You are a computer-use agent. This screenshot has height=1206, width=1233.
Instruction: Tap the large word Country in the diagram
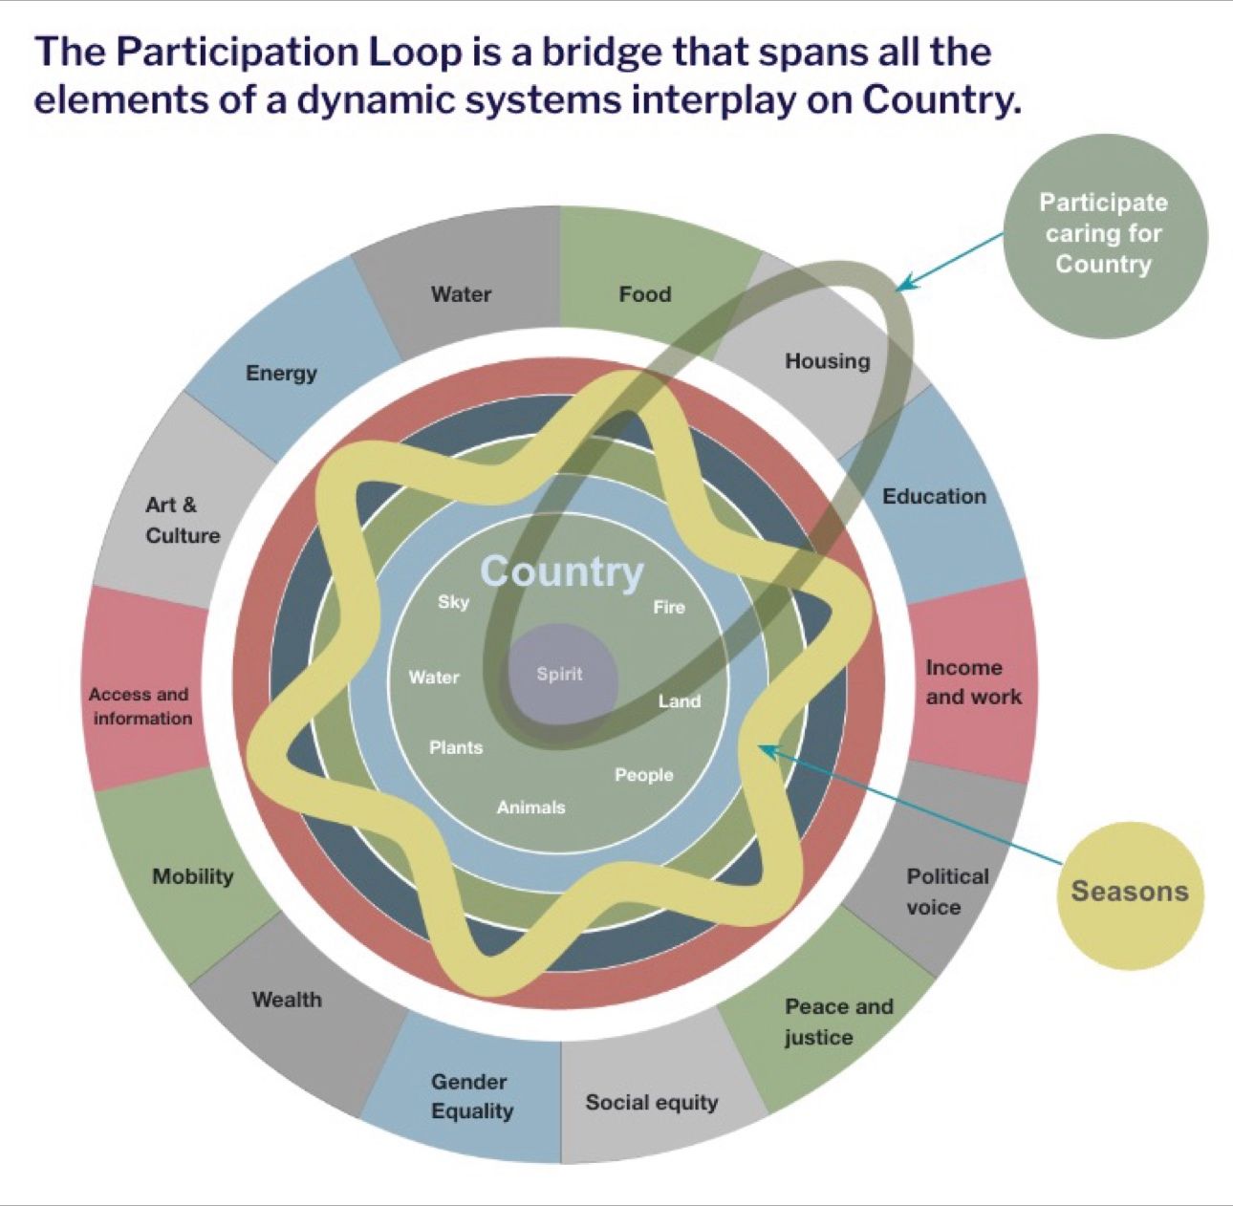[x=562, y=571]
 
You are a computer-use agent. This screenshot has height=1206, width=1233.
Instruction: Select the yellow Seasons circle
[x=1131, y=892]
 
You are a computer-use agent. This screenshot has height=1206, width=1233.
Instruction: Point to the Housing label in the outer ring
[x=828, y=361]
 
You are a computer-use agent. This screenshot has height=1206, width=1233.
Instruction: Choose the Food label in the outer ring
[x=645, y=294]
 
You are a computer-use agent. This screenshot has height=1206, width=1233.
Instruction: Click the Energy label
[x=281, y=373]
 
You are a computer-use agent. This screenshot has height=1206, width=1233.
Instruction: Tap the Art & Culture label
[x=183, y=520]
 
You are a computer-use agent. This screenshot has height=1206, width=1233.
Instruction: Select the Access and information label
[x=141, y=706]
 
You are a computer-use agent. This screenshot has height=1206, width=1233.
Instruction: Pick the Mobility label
[x=193, y=876]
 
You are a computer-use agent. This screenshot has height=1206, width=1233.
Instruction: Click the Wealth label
[x=287, y=1000]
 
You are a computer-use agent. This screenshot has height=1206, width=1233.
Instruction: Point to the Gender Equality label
[x=472, y=1096]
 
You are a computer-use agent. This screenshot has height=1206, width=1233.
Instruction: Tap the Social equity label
[x=652, y=1103]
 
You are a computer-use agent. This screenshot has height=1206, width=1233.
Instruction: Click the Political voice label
[x=947, y=892]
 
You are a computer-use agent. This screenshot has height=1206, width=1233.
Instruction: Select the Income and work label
[x=974, y=681]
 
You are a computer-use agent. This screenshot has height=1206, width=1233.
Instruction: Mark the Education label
[x=935, y=496]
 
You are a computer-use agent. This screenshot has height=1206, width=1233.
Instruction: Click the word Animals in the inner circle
[x=531, y=808]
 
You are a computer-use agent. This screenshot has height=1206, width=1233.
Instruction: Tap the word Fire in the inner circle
[x=669, y=608]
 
